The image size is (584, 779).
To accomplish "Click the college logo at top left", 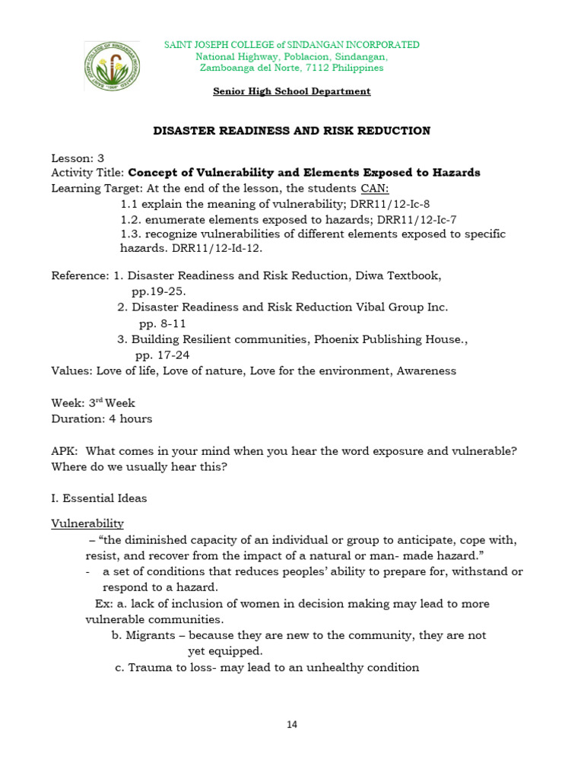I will [x=112, y=65].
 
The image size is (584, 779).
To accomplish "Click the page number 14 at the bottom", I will [x=292, y=724].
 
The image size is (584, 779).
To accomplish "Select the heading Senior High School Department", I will [x=292, y=91].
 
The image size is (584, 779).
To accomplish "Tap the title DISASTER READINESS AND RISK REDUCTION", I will [x=292, y=131].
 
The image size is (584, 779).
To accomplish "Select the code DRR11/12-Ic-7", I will [x=418, y=219].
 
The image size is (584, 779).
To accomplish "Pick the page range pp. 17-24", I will [x=162, y=355].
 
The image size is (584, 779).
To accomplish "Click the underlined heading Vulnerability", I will [x=87, y=524].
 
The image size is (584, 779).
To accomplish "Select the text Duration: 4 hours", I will [x=101, y=418].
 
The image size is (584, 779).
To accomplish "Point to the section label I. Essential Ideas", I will [x=99, y=498].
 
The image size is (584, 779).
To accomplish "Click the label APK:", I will [x=65, y=451].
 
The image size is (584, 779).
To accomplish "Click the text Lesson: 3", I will [x=78, y=158].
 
